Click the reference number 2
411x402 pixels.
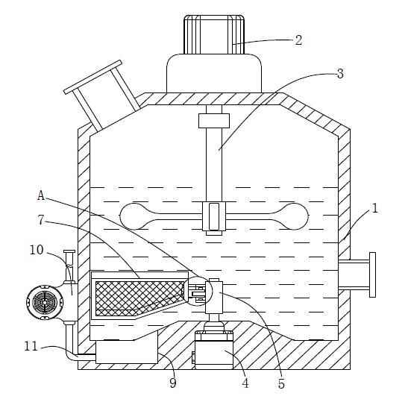298,40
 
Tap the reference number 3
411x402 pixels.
340,74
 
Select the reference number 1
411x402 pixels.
375,208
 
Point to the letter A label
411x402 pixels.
41,195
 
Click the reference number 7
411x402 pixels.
40,220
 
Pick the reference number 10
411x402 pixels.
37,250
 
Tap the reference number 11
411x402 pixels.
31,346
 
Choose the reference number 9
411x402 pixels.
173,383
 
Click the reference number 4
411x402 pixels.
245,383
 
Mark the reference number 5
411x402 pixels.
281,383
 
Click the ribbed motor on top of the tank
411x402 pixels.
214,34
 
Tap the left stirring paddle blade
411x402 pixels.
161,216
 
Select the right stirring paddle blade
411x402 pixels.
267,216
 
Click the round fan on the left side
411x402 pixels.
45,303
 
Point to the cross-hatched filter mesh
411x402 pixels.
139,298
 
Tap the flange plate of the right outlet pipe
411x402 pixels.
372,274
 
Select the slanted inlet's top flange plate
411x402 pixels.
92,77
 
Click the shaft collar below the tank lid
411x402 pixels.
214,121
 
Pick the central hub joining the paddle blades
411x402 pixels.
214,216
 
